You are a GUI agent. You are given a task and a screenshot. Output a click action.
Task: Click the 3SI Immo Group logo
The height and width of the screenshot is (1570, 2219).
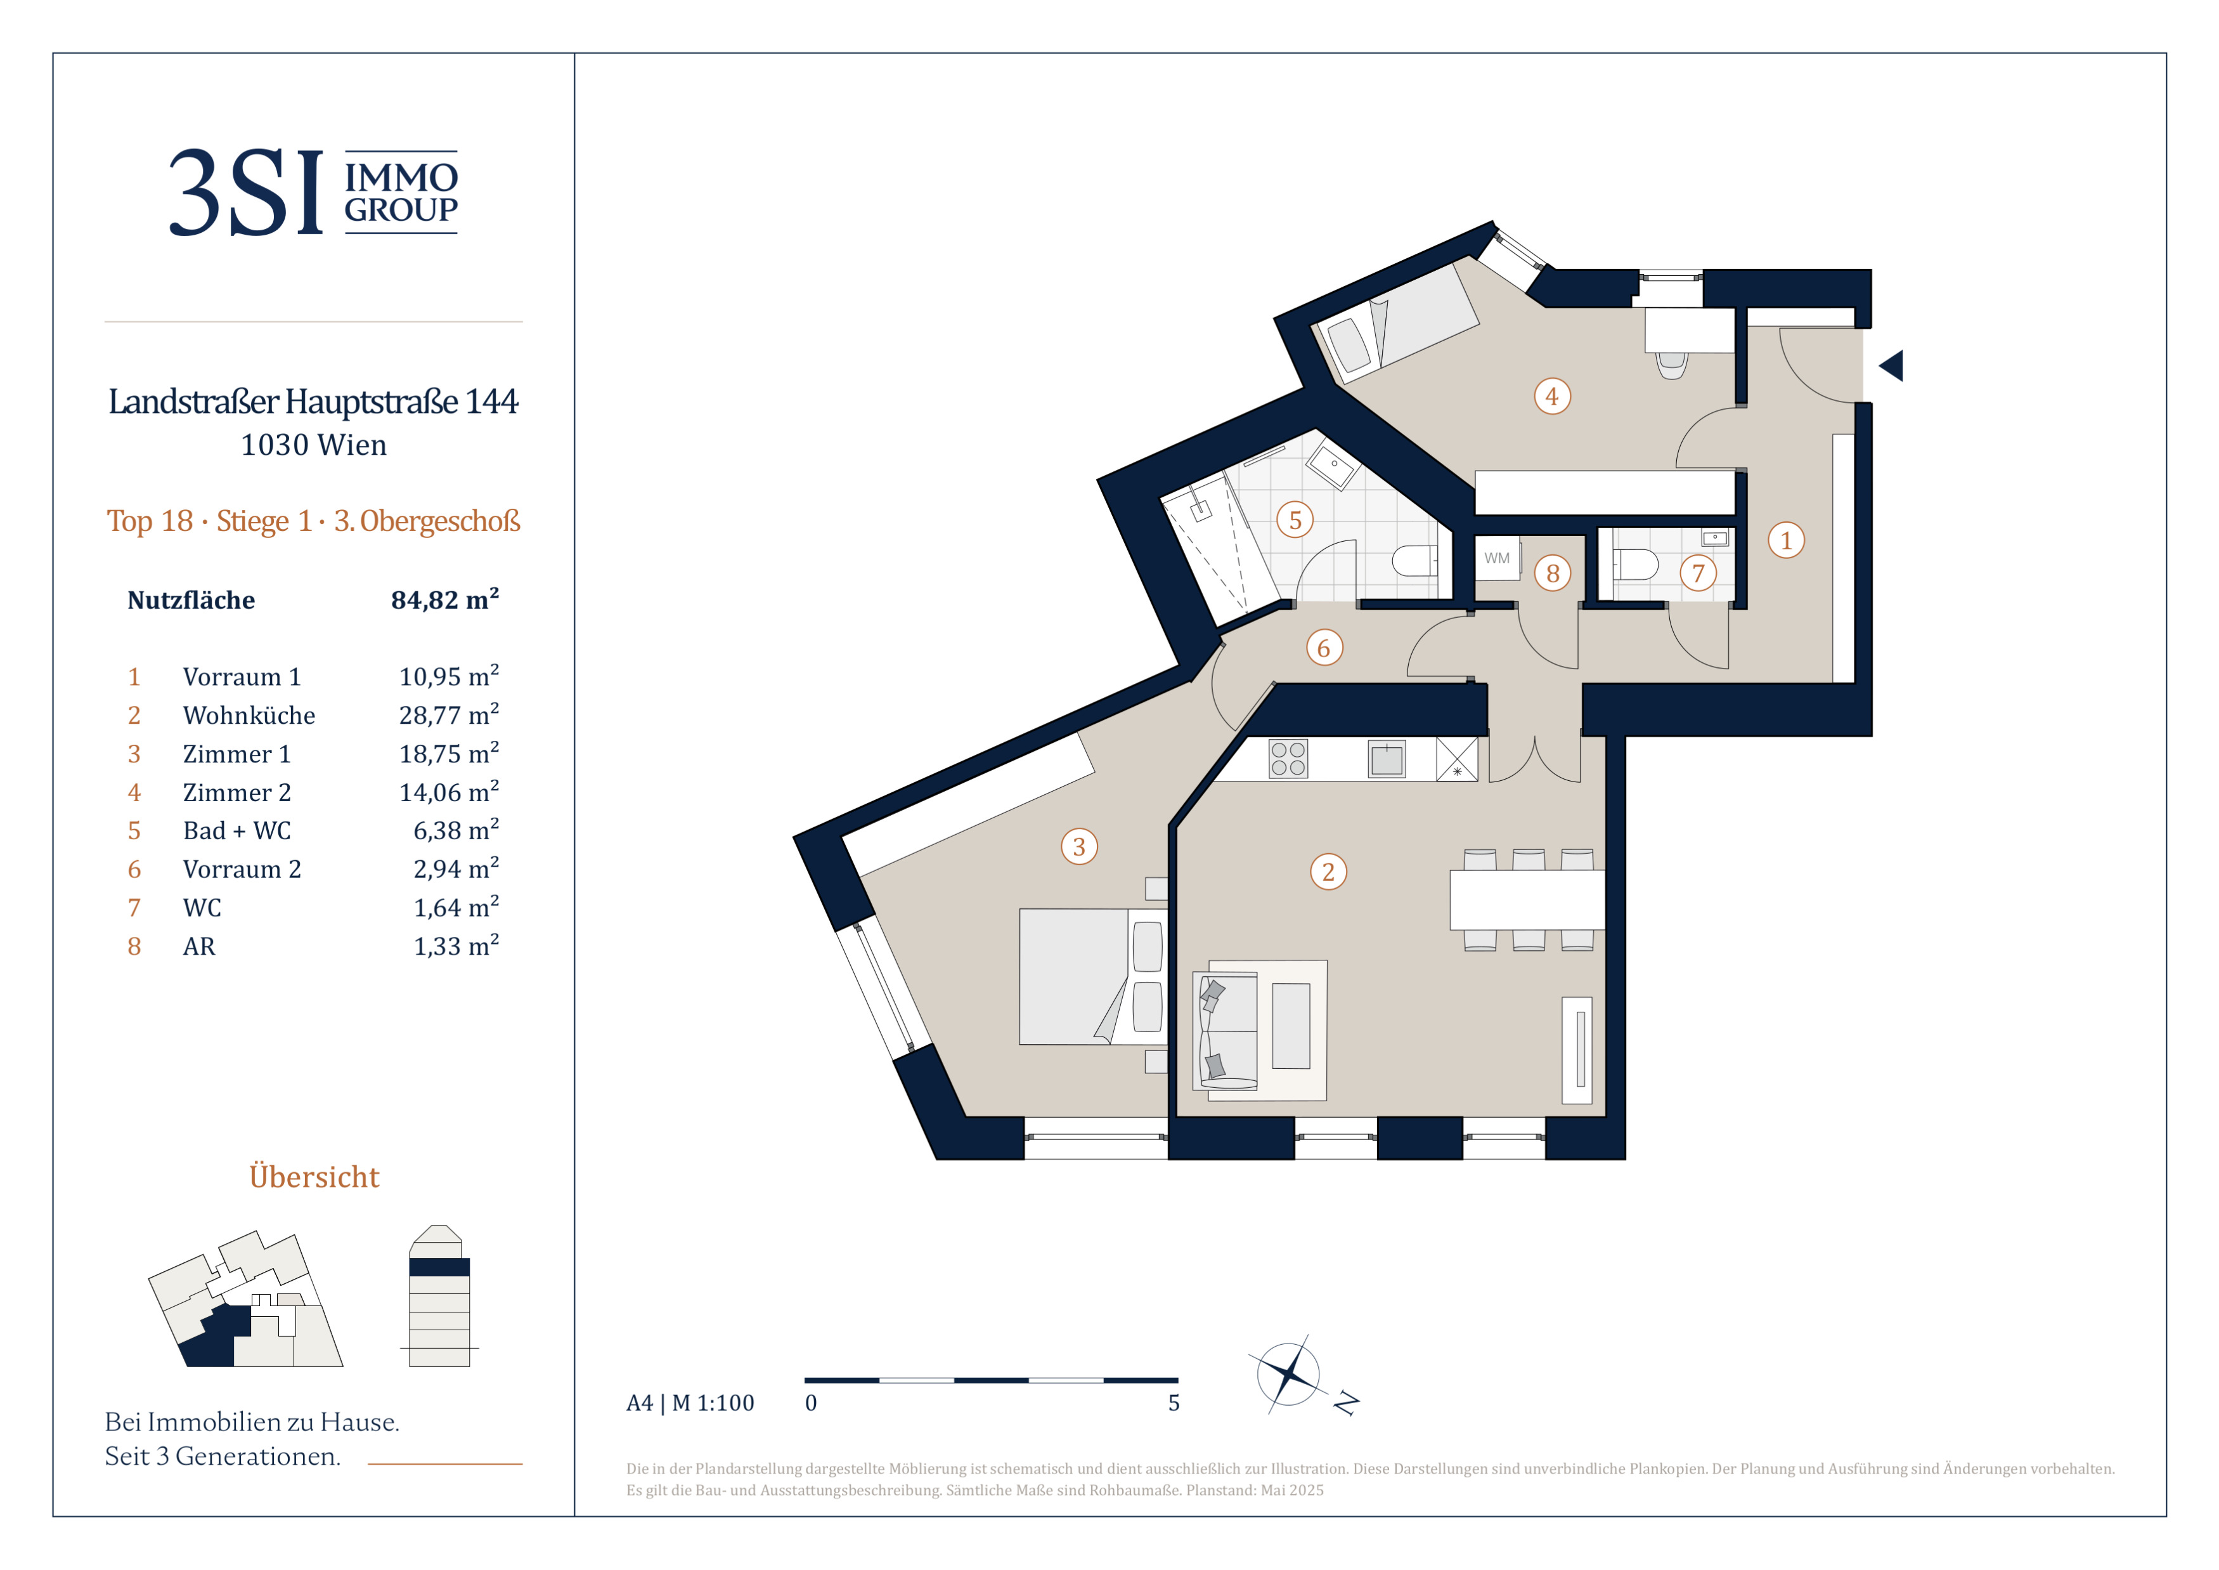(313, 192)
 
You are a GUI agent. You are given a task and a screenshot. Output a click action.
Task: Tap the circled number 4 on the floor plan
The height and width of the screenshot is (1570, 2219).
(1552, 396)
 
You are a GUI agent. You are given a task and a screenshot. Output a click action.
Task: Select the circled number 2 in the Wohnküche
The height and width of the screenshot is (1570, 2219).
(1328, 872)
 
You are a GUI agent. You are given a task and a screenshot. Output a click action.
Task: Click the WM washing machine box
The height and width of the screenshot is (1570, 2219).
(1497, 559)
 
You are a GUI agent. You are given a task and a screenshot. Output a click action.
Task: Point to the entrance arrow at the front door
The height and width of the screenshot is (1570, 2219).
(1891, 365)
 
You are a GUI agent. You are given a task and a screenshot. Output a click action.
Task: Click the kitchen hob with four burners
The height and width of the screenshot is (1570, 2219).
(1288, 759)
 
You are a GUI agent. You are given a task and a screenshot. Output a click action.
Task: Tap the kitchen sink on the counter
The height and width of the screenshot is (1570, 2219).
(1386, 759)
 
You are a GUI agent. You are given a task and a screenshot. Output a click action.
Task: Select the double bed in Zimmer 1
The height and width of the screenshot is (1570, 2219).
(1092, 976)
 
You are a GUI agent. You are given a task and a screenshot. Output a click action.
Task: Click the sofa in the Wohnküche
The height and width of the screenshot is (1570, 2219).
(1226, 1031)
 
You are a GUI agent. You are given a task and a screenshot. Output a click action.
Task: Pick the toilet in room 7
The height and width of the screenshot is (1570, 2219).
(1635, 565)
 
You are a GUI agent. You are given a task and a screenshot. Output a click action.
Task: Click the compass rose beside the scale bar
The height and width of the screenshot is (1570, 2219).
(1290, 1374)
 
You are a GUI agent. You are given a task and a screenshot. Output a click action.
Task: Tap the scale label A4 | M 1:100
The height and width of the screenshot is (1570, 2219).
(690, 1403)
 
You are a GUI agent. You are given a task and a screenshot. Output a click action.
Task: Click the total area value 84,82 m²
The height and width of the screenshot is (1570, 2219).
(444, 599)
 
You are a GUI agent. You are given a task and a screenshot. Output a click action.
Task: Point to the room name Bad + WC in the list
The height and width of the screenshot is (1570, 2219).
(236, 830)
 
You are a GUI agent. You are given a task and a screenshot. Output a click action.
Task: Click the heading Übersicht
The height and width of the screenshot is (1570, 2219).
(314, 1177)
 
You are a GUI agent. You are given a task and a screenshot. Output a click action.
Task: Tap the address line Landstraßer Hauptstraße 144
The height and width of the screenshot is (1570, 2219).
(313, 401)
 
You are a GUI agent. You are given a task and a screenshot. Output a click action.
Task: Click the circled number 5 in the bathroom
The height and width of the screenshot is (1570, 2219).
(1295, 520)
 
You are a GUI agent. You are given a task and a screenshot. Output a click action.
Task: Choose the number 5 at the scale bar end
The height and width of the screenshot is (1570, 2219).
(1174, 1403)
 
